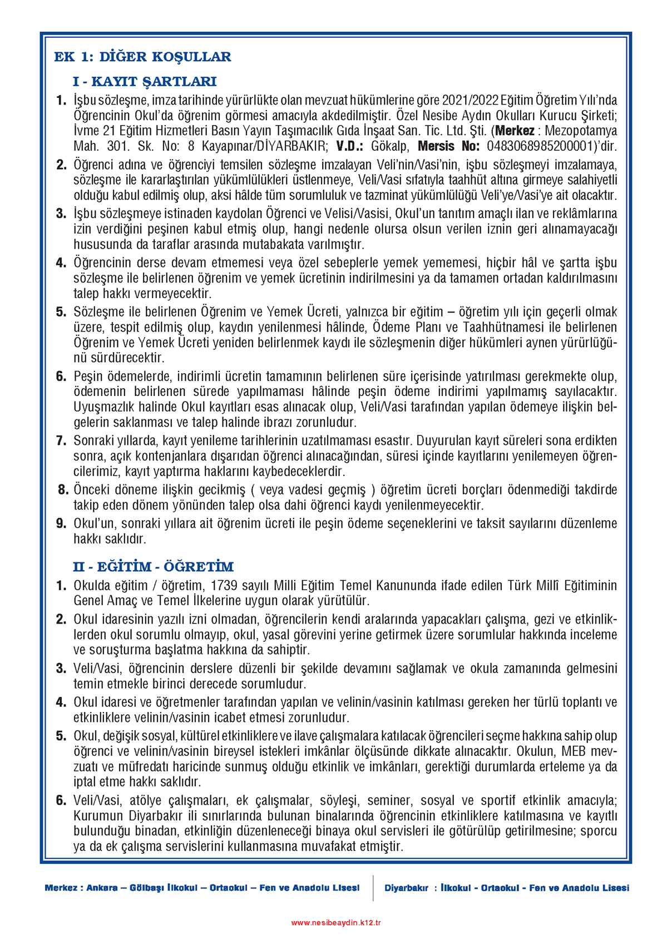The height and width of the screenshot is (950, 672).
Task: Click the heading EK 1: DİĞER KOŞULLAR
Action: [x=142, y=57]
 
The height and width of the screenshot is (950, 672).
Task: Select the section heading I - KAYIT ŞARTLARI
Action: [x=144, y=82]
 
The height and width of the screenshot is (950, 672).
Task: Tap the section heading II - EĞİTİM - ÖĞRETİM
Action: [x=153, y=567]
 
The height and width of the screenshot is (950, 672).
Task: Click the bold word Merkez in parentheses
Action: [x=515, y=131]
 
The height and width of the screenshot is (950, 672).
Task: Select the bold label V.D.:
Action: [x=349, y=147]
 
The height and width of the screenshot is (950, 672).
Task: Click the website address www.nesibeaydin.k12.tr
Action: [x=335, y=923]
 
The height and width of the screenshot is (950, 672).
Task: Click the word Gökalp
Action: [x=389, y=147]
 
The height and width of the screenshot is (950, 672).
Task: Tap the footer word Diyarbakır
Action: [x=407, y=888]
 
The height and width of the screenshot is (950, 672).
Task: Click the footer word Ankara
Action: [x=101, y=888]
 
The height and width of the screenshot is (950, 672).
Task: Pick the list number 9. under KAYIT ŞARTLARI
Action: [x=61, y=524]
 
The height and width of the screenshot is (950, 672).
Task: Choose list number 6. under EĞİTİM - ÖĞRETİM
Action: [x=61, y=801]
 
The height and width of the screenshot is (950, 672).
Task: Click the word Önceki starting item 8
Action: [x=92, y=490]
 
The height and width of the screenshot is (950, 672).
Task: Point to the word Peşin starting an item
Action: [x=88, y=377]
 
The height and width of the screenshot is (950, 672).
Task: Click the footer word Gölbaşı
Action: [x=147, y=888]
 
